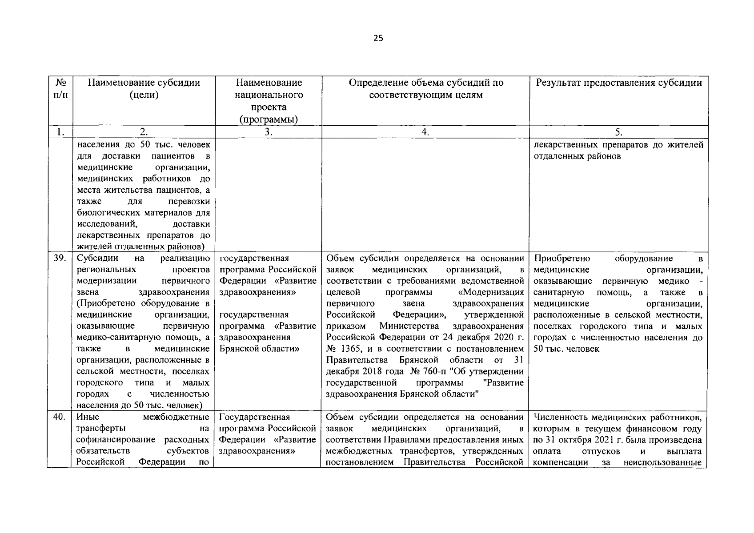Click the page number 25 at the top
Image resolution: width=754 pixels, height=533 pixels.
coord(378,38)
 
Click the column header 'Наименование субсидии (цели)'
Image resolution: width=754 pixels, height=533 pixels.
coord(144,89)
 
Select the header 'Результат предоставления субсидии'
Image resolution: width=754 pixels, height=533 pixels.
coord(619,83)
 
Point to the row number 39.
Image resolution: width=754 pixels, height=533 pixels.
coord(60,259)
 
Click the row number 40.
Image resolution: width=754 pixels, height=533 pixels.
coord(60,417)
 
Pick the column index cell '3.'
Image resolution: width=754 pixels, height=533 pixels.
coord(268,132)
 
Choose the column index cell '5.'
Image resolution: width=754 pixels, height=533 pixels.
coord(619,132)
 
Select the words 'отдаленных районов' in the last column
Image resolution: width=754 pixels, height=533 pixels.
coord(577,157)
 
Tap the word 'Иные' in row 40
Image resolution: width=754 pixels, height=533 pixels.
coord(88,417)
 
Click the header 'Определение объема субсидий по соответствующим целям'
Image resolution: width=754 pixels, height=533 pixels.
coord(425,89)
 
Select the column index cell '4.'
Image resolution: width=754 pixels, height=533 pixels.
coord(425,132)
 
